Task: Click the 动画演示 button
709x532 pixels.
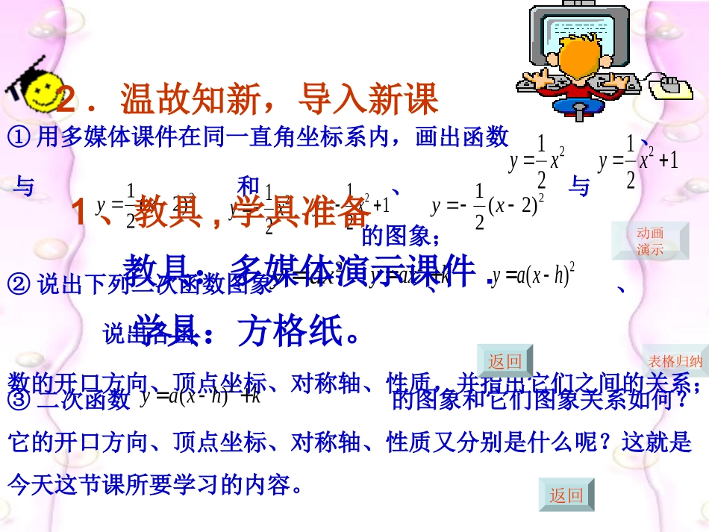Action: [650, 241]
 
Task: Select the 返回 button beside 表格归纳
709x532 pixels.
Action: [505, 362]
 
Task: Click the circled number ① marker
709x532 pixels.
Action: [17, 137]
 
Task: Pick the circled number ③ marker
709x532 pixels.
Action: [17, 401]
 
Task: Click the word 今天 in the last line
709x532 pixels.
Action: [30, 485]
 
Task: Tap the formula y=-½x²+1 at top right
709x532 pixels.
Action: [638, 162]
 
